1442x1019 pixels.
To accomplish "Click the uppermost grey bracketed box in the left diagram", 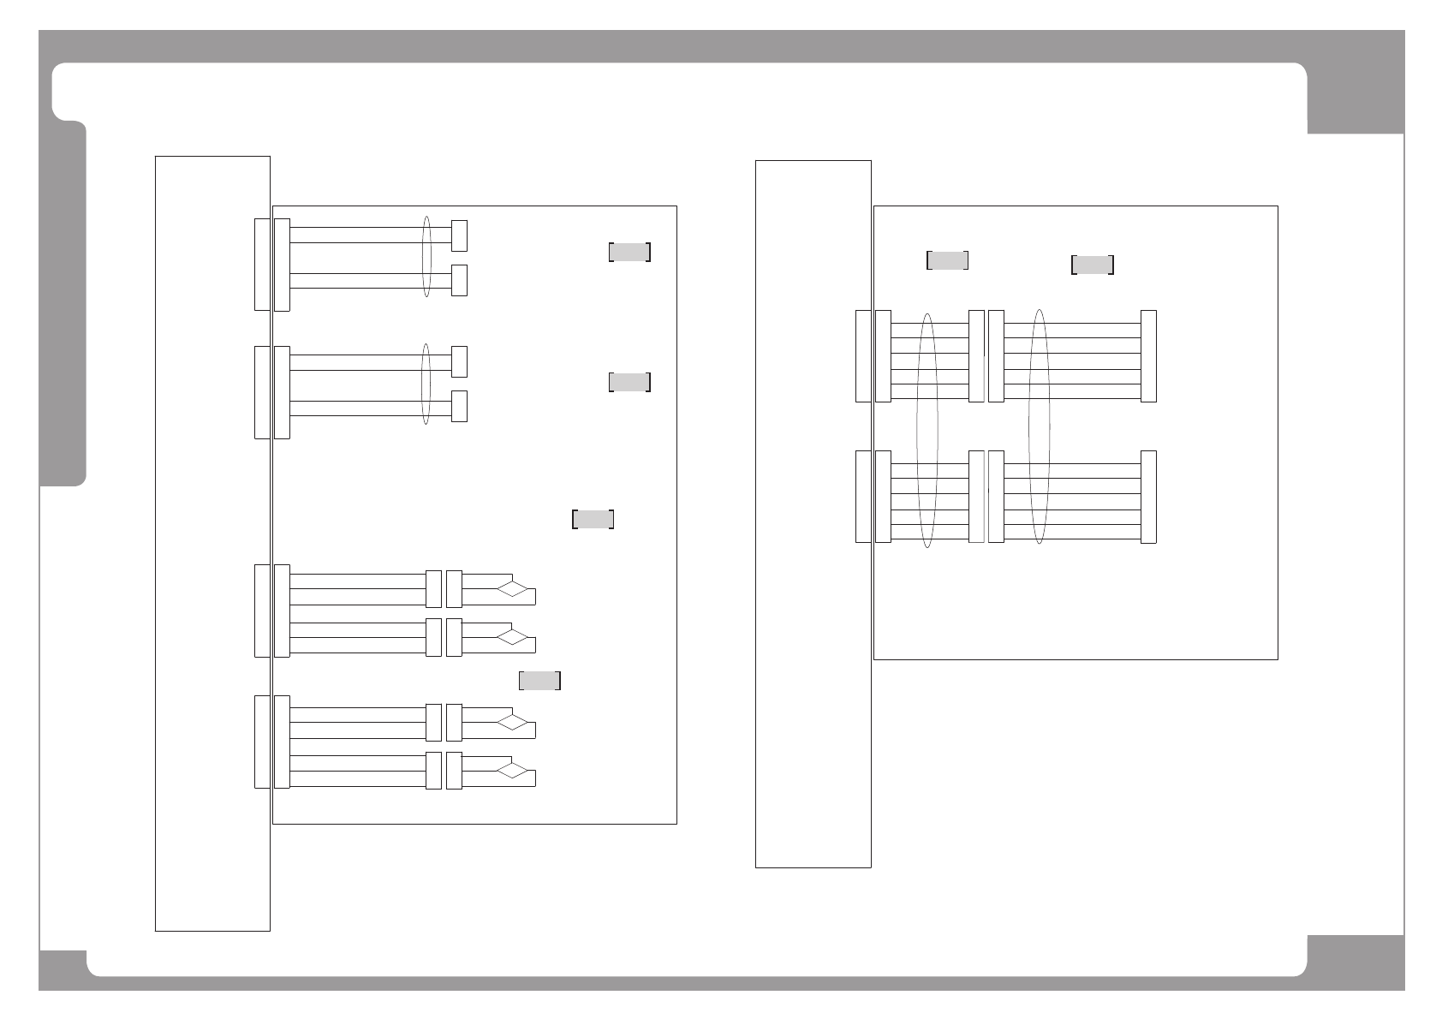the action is click(x=629, y=252).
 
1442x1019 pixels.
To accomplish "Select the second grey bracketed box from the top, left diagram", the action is click(x=629, y=382).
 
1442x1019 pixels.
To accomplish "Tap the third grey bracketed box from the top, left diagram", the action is click(x=593, y=519).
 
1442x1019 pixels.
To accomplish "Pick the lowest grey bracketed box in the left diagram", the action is click(x=539, y=681).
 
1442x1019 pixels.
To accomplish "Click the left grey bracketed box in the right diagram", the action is click(x=947, y=260).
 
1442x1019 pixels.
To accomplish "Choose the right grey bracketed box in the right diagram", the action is click(x=1092, y=265).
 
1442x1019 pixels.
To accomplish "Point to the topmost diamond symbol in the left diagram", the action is click(x=513, y=589).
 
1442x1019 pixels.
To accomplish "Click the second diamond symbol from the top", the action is click(x=513, y=637).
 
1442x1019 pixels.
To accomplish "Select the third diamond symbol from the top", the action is click(x=513, y=723).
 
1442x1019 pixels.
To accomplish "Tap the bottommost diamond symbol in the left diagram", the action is click(x=513, y=771).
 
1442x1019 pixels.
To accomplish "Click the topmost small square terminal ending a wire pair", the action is click(x=459, y=235).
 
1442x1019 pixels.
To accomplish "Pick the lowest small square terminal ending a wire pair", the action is click(x=459, y=406).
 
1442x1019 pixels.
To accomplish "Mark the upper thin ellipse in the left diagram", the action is click(x=426, y=257).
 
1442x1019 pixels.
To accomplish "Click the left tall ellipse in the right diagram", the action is click(x=927, y=431).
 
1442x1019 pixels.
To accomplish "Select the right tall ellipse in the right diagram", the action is click(x=1039, y=426).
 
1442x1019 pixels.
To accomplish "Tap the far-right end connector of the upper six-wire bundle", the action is click(x=1148, y=355).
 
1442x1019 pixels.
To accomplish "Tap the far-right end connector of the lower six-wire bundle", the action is click(x=1148, y=497).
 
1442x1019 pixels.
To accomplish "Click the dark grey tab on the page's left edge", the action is click(x=64, y=304).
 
